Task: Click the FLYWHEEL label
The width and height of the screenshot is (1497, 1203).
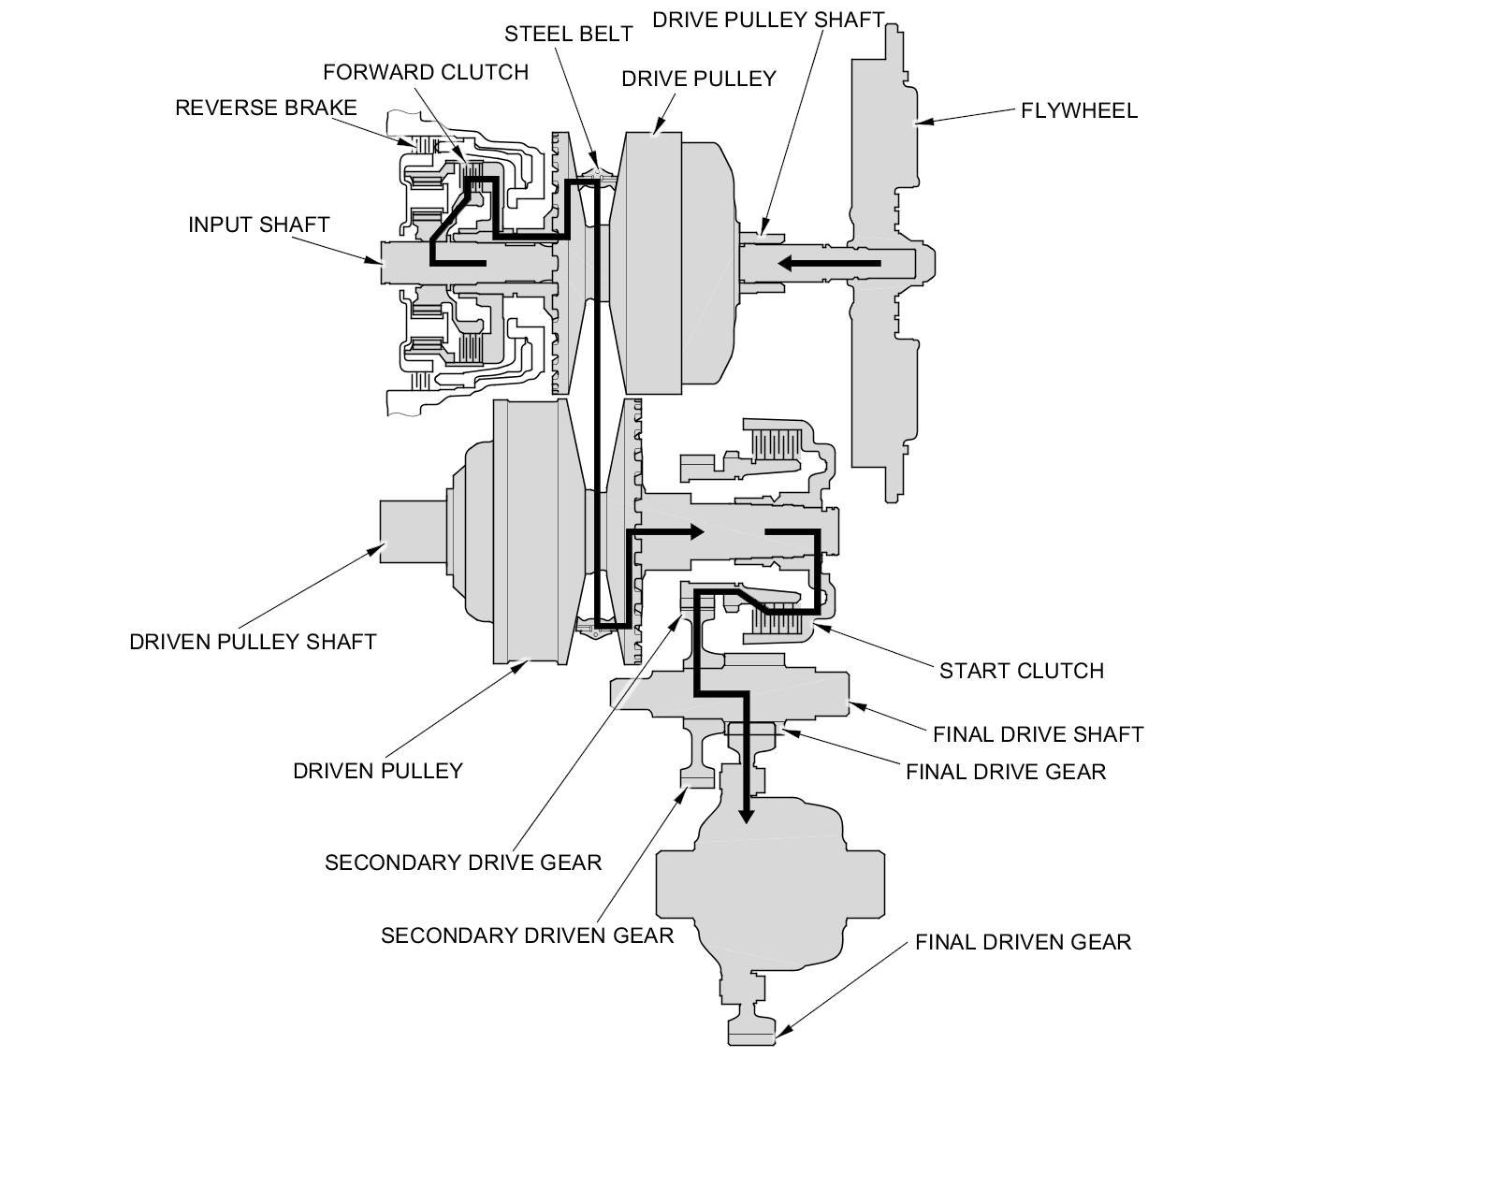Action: (1079, 110)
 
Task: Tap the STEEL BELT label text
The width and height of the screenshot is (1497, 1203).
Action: (568, 34)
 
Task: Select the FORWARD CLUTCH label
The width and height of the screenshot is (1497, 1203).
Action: (426, 72)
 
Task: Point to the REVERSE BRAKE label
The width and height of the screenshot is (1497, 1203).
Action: (266, 108)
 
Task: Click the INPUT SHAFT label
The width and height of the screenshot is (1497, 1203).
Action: (258, 225)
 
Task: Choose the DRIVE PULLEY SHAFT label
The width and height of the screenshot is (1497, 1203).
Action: (767, 21)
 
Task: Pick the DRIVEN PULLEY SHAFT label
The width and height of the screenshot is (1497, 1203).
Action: (253, 642)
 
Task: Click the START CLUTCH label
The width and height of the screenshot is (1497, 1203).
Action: (1021, 671)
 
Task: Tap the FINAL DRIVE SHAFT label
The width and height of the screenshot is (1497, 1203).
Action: (1038, 734)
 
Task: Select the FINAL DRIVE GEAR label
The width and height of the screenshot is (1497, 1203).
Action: (1006, 772)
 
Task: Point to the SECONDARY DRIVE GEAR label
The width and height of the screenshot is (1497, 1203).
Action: (463, 862)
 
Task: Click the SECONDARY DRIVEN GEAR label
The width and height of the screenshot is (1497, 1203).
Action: (527, 935)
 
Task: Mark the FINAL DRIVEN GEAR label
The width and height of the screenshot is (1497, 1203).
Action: (1023, 942)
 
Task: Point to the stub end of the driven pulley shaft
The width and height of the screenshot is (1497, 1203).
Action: (413, 530)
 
